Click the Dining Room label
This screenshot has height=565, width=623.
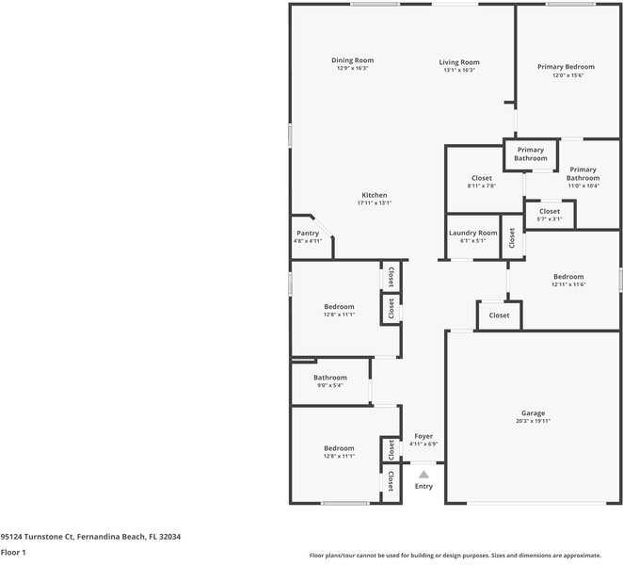point(352,61)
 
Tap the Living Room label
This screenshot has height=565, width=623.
point(459,62)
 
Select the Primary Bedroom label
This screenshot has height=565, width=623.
point(566,67)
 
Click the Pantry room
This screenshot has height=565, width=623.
point(308,236)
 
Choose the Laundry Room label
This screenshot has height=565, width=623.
point(472,233)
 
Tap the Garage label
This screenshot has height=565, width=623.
point(533,413)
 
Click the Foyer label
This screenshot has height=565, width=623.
point(423,436)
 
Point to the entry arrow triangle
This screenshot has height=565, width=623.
point(423,475)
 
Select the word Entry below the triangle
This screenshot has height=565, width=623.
point(423,486)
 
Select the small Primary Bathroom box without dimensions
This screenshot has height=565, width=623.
point(530,153)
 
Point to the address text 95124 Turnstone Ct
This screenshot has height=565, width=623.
point(90,536)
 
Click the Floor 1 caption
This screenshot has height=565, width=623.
point(13,552)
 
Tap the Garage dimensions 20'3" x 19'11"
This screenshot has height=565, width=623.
point(533,421)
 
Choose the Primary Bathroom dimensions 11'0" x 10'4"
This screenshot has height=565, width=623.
point(583,186)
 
